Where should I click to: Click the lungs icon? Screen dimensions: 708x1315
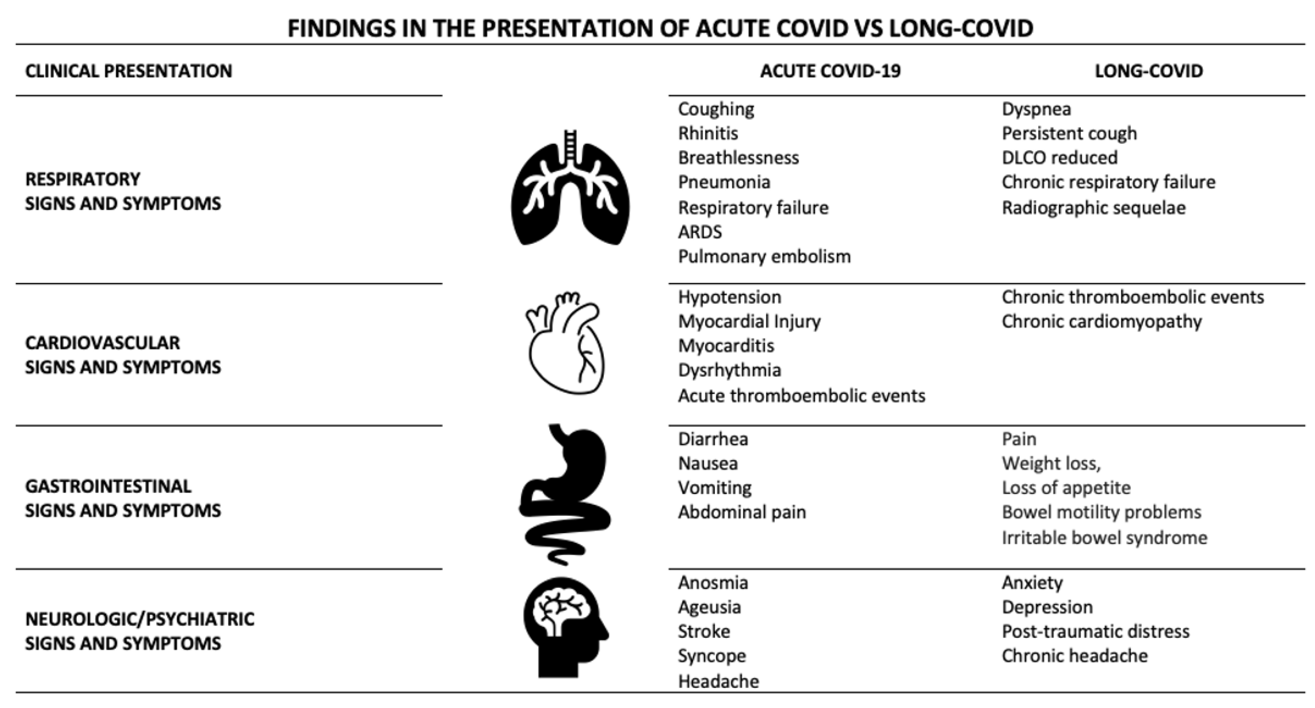[570, 189]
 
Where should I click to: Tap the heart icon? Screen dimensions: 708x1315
[565, 343]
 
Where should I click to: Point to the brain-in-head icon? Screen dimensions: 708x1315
[565, 627]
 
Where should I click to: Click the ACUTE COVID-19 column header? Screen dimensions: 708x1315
[830, 71]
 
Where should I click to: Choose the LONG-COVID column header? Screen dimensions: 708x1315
[1149, 71]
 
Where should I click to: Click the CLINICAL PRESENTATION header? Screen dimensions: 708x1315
[129, 71]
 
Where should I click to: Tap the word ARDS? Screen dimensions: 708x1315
[700, 232]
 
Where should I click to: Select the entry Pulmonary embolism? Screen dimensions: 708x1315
[764, 256]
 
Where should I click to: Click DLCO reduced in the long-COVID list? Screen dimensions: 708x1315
[1059, 158]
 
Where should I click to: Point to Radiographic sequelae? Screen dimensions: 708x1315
[1094, 208]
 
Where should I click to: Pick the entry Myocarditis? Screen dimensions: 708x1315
[726, 346]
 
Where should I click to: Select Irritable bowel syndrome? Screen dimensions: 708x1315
[1104, 538]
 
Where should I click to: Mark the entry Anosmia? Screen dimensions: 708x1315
[713, 582]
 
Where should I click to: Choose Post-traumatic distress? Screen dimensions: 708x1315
[1096, 632]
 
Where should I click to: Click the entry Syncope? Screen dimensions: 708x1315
[712, 656]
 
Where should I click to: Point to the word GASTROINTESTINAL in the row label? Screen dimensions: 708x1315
[108, 486]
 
